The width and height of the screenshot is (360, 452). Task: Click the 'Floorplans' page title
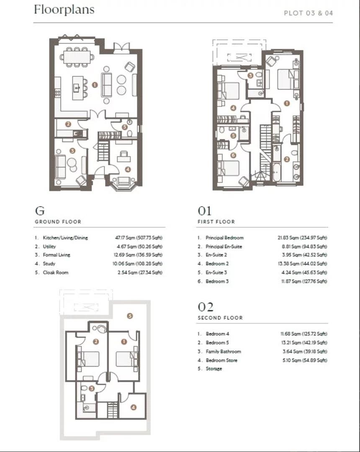click(64, 10)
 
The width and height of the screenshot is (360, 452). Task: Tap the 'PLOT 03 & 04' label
click(309, 13)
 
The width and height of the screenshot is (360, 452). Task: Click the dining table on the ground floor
click(77, 57)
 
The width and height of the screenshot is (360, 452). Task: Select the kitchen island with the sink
click(77, 87)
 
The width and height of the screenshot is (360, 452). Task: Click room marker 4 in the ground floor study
click(128, 169)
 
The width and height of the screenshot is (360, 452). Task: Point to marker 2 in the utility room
click(68, 124)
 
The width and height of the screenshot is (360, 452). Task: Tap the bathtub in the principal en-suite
click(277, 172)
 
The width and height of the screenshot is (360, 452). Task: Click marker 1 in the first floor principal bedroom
click(286, 103)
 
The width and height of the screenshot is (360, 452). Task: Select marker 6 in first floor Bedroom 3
click(233, 155)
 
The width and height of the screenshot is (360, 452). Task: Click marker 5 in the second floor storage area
click(130, 316)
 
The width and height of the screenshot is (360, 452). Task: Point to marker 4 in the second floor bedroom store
click(133, 407)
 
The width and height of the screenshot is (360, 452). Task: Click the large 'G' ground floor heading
click(40, 211)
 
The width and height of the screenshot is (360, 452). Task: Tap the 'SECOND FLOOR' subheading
click(220, 318)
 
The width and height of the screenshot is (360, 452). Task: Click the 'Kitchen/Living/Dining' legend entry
click(65, 238)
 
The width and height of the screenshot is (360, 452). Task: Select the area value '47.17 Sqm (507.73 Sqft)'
click(139, 238)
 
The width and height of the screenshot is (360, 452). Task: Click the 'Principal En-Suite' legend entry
click(224, 247)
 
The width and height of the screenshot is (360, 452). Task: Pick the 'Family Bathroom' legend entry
click(224, 352)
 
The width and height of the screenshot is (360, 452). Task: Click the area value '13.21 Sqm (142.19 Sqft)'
click(304, 342)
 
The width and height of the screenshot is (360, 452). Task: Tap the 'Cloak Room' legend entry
click(56, 272)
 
